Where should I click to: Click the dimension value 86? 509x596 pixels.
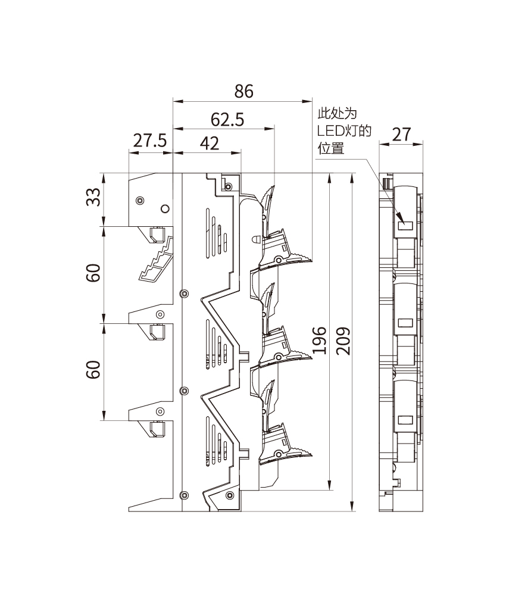243,91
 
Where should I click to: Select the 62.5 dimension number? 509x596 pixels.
227,120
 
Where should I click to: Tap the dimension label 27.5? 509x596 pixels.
149,142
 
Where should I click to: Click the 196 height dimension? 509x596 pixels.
320,340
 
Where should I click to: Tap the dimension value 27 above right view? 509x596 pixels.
402,134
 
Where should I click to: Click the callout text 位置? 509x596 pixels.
330,148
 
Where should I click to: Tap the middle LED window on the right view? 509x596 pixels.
406,323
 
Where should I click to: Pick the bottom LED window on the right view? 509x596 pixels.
406,419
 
